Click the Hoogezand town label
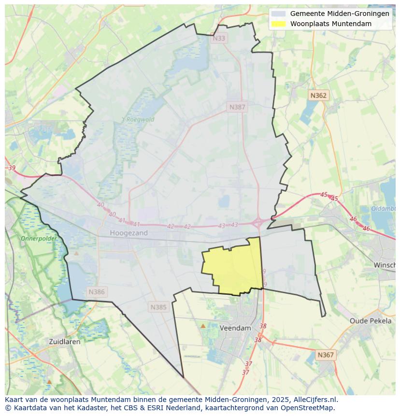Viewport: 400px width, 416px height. (x=129, y=233)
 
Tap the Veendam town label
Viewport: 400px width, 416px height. (x=235, y=328)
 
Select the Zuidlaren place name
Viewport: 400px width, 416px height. (x=65, y=341)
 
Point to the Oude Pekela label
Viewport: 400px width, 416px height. (x=371, y=321)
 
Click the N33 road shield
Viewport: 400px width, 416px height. (x=219, y=38)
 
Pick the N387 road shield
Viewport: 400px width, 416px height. (x=237, y=107)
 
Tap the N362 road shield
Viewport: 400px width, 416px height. (x=318, y=96)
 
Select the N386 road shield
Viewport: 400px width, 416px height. (x=97, y=292)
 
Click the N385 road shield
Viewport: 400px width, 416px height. (x=158, y=307)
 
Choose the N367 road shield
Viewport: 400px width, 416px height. (x=326, y=355)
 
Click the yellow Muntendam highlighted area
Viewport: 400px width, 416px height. (x=234, y=268)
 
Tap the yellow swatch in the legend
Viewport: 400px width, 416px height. (x=279, y=24)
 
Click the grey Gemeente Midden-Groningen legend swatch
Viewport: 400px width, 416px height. (x=279, y=14)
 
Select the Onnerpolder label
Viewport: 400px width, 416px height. (x=39, y=238)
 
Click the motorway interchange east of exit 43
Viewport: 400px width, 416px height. (x=258, y=222)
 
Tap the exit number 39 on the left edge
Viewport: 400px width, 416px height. (x=12, y=168)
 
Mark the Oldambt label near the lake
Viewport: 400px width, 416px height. (x=384, y=209)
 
